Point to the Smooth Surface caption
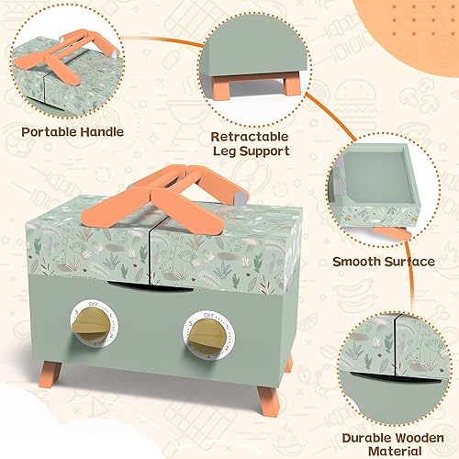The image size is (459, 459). [384, 262]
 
